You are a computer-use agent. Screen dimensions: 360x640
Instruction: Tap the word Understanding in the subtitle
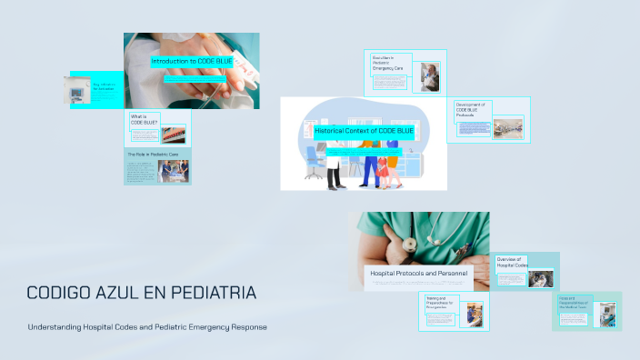(x=57, y=327)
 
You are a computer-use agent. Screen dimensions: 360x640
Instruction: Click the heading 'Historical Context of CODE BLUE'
(x=364, y=131)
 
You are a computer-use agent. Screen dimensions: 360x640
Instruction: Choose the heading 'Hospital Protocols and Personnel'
(x=418, y=273)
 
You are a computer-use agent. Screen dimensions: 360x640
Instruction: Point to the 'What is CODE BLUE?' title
(x=145, y=119)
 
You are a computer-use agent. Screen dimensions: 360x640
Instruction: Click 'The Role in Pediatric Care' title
(x=151, y=155)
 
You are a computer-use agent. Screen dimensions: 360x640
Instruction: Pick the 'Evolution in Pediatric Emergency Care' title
(x=386, y=65)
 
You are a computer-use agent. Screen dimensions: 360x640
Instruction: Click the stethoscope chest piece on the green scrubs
(x=411, y=244)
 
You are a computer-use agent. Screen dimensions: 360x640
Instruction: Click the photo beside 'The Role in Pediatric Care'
(x=173, y=171)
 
